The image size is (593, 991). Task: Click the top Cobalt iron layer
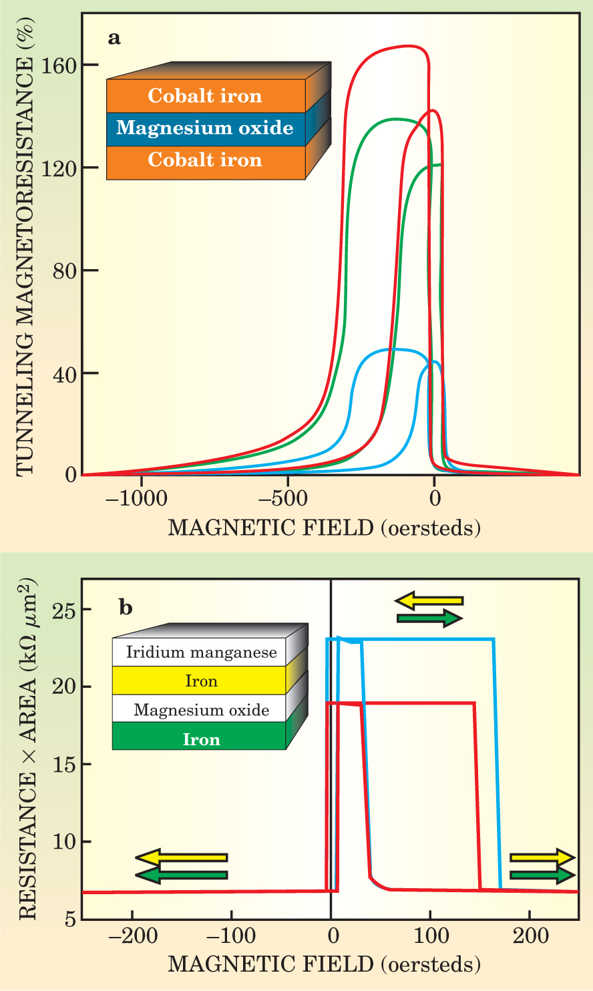[x=205, y=96]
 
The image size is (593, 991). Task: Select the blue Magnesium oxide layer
[x=205, y=128]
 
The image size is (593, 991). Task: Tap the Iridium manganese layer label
[x=201, y=652]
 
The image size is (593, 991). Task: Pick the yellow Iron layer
[x=201, y=681]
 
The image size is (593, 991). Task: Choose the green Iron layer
[x=201, y=739]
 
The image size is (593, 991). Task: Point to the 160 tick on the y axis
[x=59, y=65]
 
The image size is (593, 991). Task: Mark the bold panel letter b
[x=126, y=608]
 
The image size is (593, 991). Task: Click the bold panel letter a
[x=114, y=38]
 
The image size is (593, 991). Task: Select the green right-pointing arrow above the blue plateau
[x=429, y=618]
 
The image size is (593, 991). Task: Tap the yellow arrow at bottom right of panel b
[x=542, y=857]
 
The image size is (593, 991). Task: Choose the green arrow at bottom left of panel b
[x=181, y=875]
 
